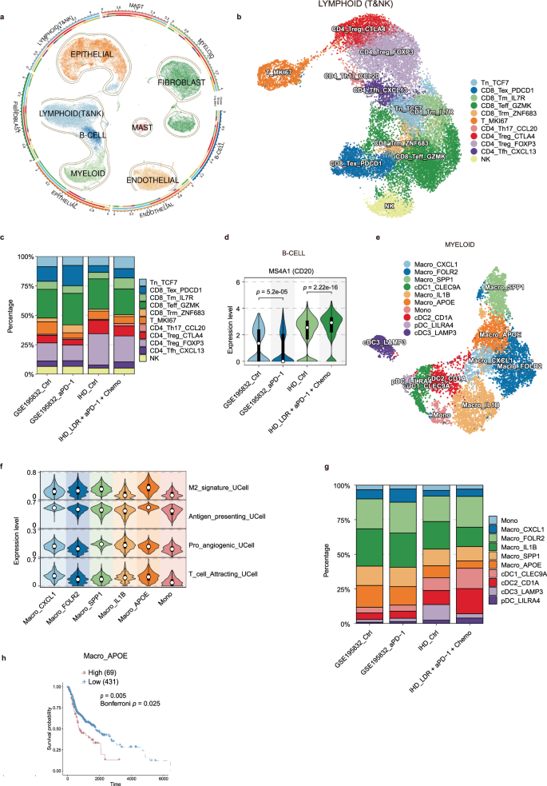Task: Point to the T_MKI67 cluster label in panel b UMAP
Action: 276,72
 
